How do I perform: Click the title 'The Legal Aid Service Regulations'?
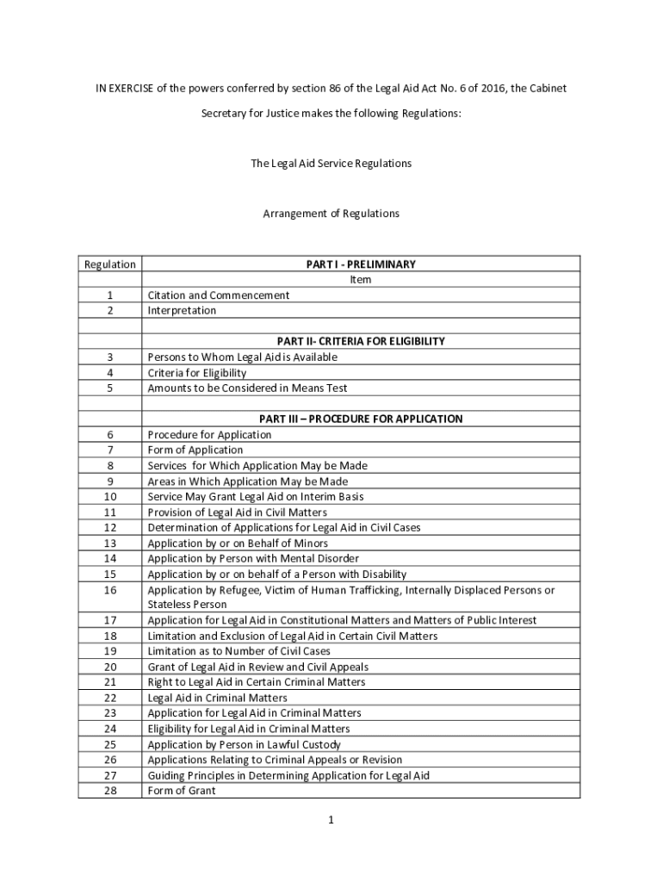(331, 163)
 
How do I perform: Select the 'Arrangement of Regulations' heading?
(331, 213)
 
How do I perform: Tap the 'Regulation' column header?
(109, 264)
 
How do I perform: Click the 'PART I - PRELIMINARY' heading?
(361, 264)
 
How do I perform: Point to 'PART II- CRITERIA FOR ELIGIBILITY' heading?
(361, 341)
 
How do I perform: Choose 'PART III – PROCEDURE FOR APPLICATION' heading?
(361, 419)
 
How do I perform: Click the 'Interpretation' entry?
(182, 310)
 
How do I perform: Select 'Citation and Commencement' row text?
(219, 295)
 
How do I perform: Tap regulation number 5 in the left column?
(109, 388)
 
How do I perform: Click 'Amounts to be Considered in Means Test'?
(247, 388)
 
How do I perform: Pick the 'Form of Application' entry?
(195, 450)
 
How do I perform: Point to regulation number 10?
(109, 496)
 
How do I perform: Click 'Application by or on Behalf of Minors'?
(238, 543)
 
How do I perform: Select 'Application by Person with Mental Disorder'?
(253, 558)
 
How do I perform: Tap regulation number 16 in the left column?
(109, 590)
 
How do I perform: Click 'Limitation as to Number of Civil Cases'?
(239, 651)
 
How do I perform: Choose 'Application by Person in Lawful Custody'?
(244, 744)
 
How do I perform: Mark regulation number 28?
(109, 791)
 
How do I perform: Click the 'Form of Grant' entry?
(182, 791)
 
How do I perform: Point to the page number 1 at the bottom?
(331, 820)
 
